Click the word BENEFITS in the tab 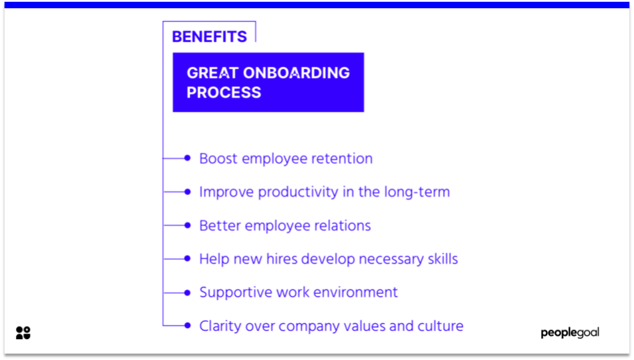pyautogui.click(x=209, y=37)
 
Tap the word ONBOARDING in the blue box pyautogui.click(x=296, y=73)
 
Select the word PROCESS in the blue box pyautogui.click(x=224, y=92)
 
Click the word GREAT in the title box pyautogui.click(x=212, y=73)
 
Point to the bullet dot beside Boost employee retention pyautogui.click(x=187, y=158)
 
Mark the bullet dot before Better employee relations pyautogui.click(x=187, y=225)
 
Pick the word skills pyautogui.click(x=443, y=259)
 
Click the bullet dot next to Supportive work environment pyautogui.click(x=187, y=292)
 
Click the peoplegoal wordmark pyautogui.click(x=570, y=333)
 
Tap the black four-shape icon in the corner pyautogui.click(x=23, y=332)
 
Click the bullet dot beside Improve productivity pyautogui.click(x=187, y=192)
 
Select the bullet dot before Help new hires pyautogui.click(x=187, y=258)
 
